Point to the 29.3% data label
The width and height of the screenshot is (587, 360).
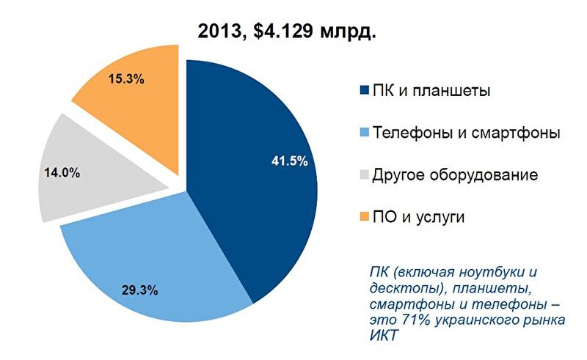pos(140,290)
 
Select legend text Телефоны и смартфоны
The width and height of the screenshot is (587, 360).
pos(467,133)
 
